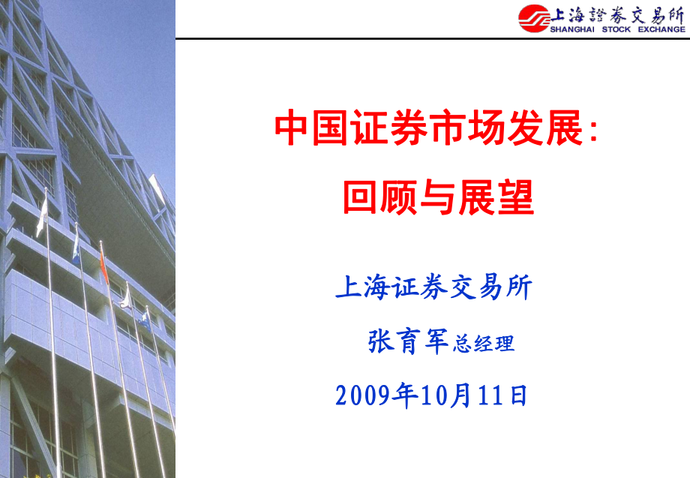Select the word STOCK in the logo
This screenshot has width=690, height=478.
(x=617, y=30)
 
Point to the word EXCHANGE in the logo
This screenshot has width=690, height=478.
(x=661, y=30)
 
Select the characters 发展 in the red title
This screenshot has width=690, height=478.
(x=544, y=128)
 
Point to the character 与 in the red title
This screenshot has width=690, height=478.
(x=439, y=199)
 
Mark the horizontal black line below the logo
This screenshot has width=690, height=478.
(x=432, y=38)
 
